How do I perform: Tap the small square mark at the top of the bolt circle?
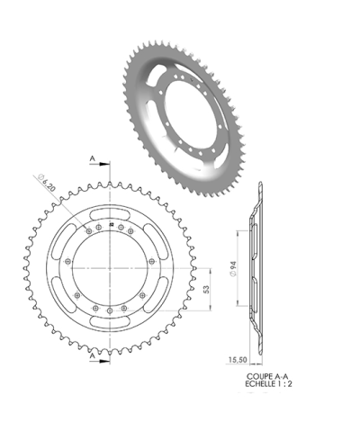pos(110,224)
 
